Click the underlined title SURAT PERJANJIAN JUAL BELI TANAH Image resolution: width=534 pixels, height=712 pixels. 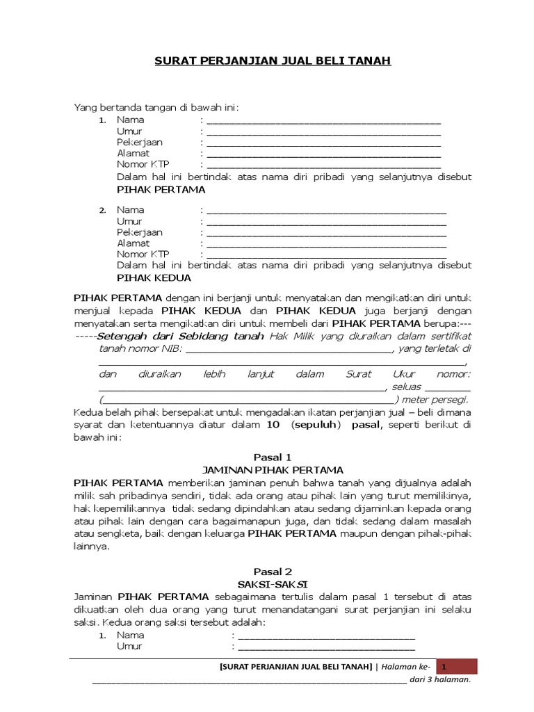(x=273, y=62)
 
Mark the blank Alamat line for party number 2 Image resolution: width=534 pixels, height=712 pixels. (x=326, y=244)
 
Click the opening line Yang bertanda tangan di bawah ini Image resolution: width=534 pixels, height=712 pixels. (x=156, y=107)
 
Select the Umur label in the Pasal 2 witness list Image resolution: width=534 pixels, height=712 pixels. (x=129, y=646)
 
